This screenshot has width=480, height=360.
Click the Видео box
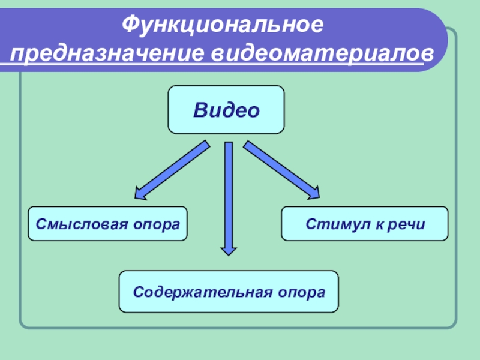226,110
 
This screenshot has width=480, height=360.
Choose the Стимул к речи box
364,224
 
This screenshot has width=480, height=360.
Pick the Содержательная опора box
229,292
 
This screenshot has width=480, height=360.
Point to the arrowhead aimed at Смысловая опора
142,193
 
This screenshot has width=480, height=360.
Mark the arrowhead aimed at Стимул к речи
313,193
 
